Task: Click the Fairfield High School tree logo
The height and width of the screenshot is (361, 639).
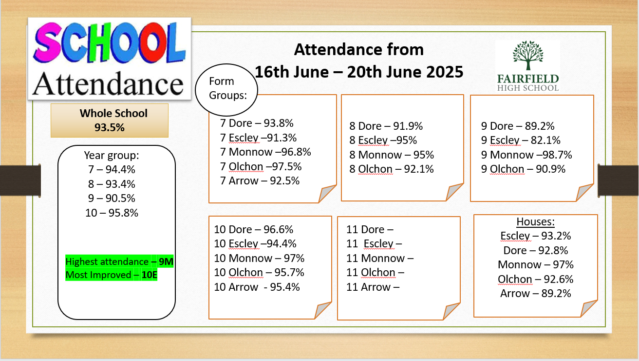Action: pyautogui.click(x=528, y=66)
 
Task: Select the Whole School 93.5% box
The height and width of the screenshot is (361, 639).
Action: pyautogui.click(x=110, y=120)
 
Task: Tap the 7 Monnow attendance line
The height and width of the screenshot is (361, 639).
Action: pyautogui.click(x=265, y=152)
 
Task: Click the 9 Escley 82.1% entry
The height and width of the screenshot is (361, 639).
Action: pyautogui.click(x=521, y=140)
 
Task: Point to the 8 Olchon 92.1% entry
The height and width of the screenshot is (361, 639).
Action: pyautogui.click(x=392, y=169)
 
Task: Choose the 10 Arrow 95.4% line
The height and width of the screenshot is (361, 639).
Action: pyautogui.click(x=257, y=287)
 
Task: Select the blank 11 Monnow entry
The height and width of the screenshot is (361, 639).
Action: pyautogui.click(x=380, y=258)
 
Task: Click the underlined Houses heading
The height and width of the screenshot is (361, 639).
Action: pyautogui.click(x=535, y=221)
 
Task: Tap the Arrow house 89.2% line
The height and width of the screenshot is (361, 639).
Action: pyautogui.click(x=535, y=293)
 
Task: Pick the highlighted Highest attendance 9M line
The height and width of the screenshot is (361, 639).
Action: pyautogui.click(x=119, y=261)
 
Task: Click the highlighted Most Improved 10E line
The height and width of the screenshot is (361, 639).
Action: pyautogui.click(x=111, y=275)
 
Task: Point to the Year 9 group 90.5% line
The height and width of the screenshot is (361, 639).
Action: pyautogui.click(x=112, y=198)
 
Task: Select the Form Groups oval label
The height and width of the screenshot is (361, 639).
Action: pyautogui.click(x=226, y=89)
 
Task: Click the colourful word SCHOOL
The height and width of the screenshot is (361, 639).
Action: pyautogui.click(x=110, y=43)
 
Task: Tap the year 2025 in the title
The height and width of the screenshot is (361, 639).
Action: pyautogui.click(x=445, y=72)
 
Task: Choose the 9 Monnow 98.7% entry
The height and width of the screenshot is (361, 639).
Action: pyautogui.click(x=526, y=155)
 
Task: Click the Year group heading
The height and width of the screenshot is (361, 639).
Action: pyautogui.click(x=112, y=155)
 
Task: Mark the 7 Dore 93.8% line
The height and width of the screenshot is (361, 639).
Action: pyautogui.click(x=257, y=123)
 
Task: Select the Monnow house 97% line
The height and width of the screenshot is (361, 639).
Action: pyautogui.click(x=535, y=264)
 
